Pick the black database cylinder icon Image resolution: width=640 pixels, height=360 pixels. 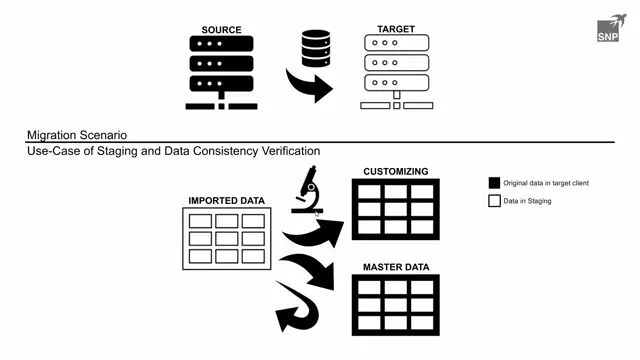(x=316, y=48)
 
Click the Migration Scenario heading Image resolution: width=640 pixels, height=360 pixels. (x=77, y=135)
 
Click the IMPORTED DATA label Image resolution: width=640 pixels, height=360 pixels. (x=228, y=201)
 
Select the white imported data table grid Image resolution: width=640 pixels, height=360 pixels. (x=227, y=238)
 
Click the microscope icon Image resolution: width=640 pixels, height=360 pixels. (x=307, y=196)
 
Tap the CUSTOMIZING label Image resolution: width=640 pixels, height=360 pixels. (x=396, y=171)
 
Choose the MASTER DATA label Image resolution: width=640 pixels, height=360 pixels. (x=395, y=268)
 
